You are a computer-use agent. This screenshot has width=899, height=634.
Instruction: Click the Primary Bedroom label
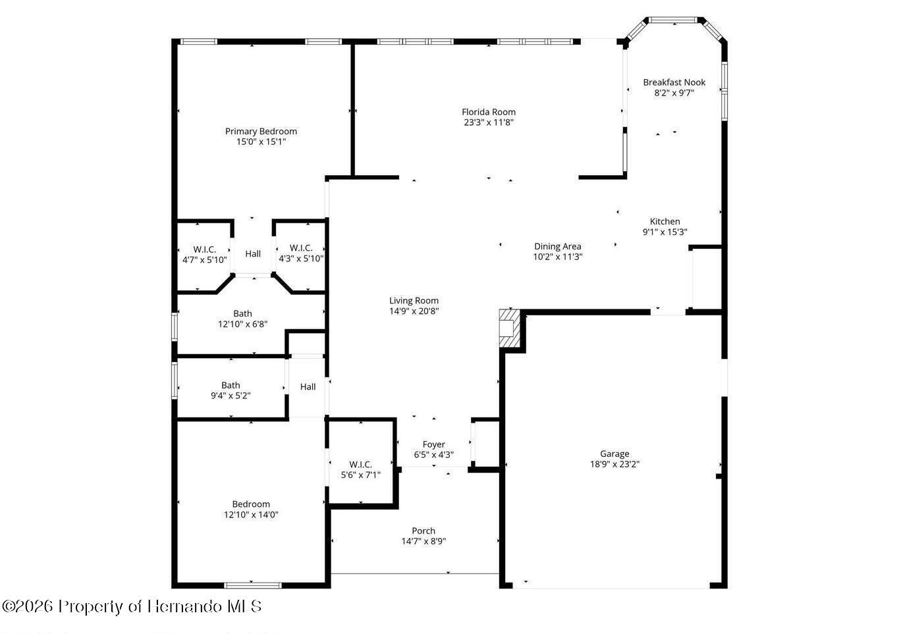coord(261,131)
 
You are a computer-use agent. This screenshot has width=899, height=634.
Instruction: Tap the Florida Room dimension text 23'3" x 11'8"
coord(489,122)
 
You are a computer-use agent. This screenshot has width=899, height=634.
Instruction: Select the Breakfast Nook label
coord(674,82)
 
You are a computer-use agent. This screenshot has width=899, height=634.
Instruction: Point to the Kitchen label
coord(665,221)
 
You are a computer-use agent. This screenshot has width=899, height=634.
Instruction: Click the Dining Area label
coord(557,246)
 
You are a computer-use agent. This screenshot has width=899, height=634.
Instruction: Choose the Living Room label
coord(414,301)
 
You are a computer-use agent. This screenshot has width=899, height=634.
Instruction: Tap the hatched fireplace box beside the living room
coord(509,329)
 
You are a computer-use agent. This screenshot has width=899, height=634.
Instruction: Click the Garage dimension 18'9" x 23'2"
coord(614,464)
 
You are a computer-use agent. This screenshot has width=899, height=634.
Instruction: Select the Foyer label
coord(434,444)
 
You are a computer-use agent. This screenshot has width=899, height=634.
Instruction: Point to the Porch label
coord(423,531)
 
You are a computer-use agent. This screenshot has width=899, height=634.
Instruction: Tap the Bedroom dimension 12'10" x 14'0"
coord(251,515)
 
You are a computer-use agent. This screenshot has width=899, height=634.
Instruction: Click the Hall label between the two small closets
coord(253,253)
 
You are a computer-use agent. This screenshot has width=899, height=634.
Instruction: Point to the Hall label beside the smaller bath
coord(308,386)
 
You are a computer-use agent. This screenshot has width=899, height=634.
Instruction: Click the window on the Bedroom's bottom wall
coord(253,585)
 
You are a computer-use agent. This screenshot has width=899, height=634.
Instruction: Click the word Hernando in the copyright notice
coord(184,606)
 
